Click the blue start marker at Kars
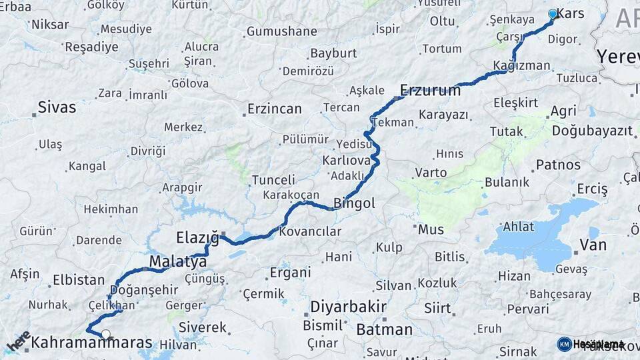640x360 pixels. pos(552,14)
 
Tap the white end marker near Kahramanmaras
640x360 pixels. pos(105,335)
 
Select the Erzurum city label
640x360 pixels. pos(430,90)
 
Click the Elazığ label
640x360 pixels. pos(197,237)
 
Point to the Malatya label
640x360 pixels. pos(178,261)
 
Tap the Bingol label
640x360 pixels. pos(354,203)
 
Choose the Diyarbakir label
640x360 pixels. pos(348,307)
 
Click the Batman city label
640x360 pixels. pos(385,329)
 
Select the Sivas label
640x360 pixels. pos(57,107)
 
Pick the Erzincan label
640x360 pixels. pos(274,109)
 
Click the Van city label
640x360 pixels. pos(593,245)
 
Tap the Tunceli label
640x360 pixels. pos(273,180)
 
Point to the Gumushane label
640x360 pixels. pos(281,31)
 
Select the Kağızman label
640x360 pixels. pos(522,65)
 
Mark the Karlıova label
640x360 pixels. pos(346,161)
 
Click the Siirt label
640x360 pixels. pos(438,308)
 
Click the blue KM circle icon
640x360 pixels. pos(564,344)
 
